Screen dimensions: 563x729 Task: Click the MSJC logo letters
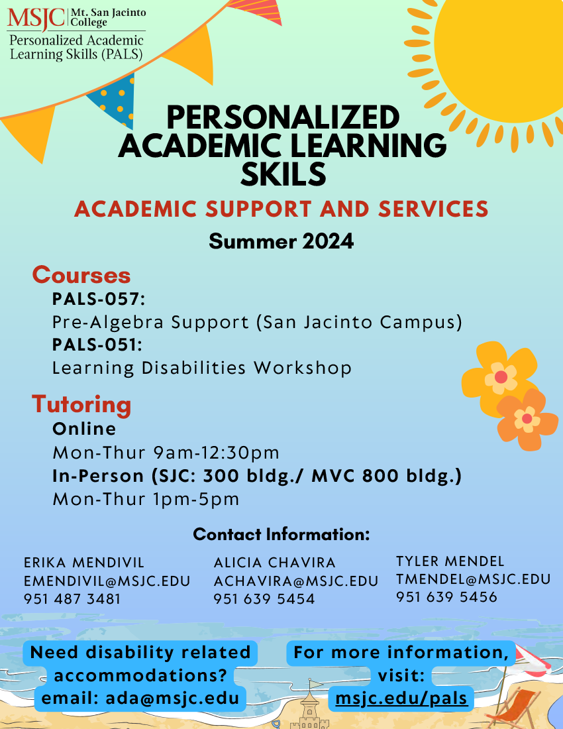coord(36,18)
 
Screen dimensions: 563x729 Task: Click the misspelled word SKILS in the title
coord(283,174)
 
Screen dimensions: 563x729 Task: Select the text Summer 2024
coord(281,241)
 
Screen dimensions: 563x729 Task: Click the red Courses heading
coord(81,275)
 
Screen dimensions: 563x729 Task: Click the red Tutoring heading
coord(81,404)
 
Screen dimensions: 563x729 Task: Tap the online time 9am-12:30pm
coord(217,453)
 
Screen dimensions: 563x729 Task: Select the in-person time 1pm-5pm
coord(196,499)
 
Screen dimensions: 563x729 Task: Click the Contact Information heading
coord(281,535)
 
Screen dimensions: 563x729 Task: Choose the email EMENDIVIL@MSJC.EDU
coord(107,581)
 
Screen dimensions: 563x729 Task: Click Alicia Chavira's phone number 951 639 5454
coord(264,599)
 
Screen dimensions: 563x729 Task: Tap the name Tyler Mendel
coord(450,561)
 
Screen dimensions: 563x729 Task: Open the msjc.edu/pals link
coord(401,699)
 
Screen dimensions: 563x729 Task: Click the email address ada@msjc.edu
coord(172,698)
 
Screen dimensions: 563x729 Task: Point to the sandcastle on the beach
coord(309,706)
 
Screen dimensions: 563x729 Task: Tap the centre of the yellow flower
coord(501,377)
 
